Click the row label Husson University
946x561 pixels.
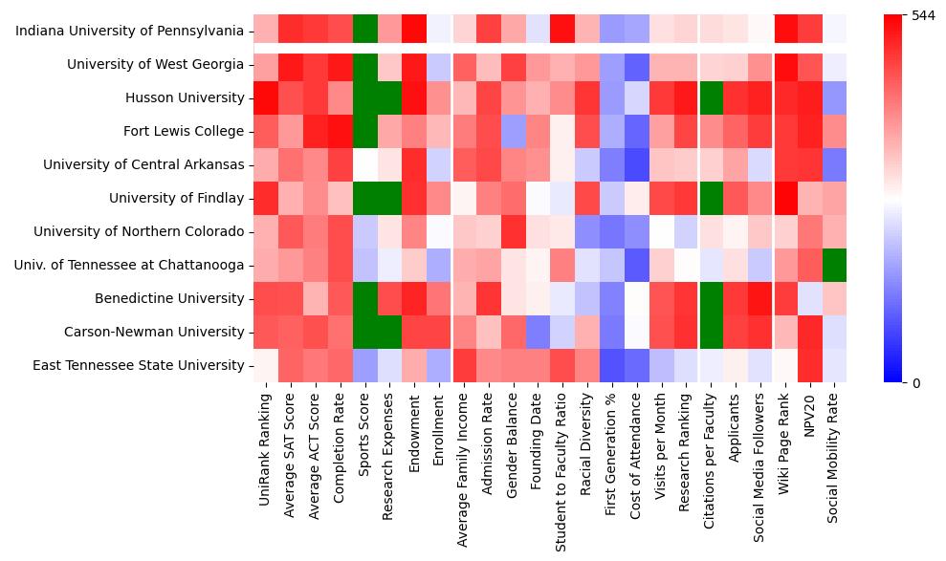click(x=185, y=98)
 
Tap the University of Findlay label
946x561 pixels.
click(x=177, y=199)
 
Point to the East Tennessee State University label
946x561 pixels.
click(x=139, y=366)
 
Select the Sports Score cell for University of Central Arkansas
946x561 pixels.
click(x=364, y=165)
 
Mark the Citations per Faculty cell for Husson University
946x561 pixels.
click(x=711, y=98)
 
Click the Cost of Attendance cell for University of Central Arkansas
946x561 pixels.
click(x=636, y=165)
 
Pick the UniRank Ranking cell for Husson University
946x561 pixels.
click(x=266, y=98)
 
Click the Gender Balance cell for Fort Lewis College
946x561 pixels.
click(x=513, y=132)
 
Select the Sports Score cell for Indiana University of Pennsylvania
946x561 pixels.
click(x=364, y=32)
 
